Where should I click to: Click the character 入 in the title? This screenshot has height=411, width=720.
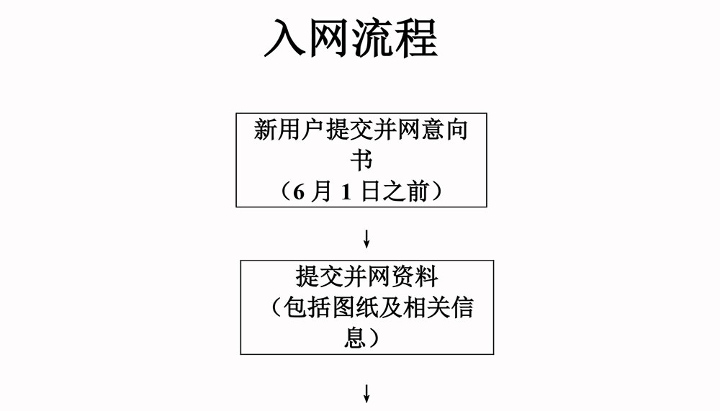point(284,38)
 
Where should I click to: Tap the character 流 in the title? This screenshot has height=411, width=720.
point(372,38)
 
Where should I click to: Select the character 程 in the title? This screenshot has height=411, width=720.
point(416,38)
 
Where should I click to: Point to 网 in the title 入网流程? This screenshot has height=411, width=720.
point(328,38)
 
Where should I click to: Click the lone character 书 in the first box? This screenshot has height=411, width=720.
point(362,160)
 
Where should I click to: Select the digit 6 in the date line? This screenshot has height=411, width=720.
point(299,192)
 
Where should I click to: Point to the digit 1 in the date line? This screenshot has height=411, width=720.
point(346,192)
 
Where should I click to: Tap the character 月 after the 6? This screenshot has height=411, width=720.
point(321,191)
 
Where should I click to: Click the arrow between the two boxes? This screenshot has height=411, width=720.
point(366,239)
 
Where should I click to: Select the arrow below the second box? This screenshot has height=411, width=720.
point(366,394)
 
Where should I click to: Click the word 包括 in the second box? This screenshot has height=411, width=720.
point(307,307)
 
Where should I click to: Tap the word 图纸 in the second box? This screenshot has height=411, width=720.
point(355,307)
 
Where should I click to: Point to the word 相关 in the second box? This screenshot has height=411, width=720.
point(426,307)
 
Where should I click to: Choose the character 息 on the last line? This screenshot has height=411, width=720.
point(356,338)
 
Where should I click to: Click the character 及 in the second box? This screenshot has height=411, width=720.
point(391,307)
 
